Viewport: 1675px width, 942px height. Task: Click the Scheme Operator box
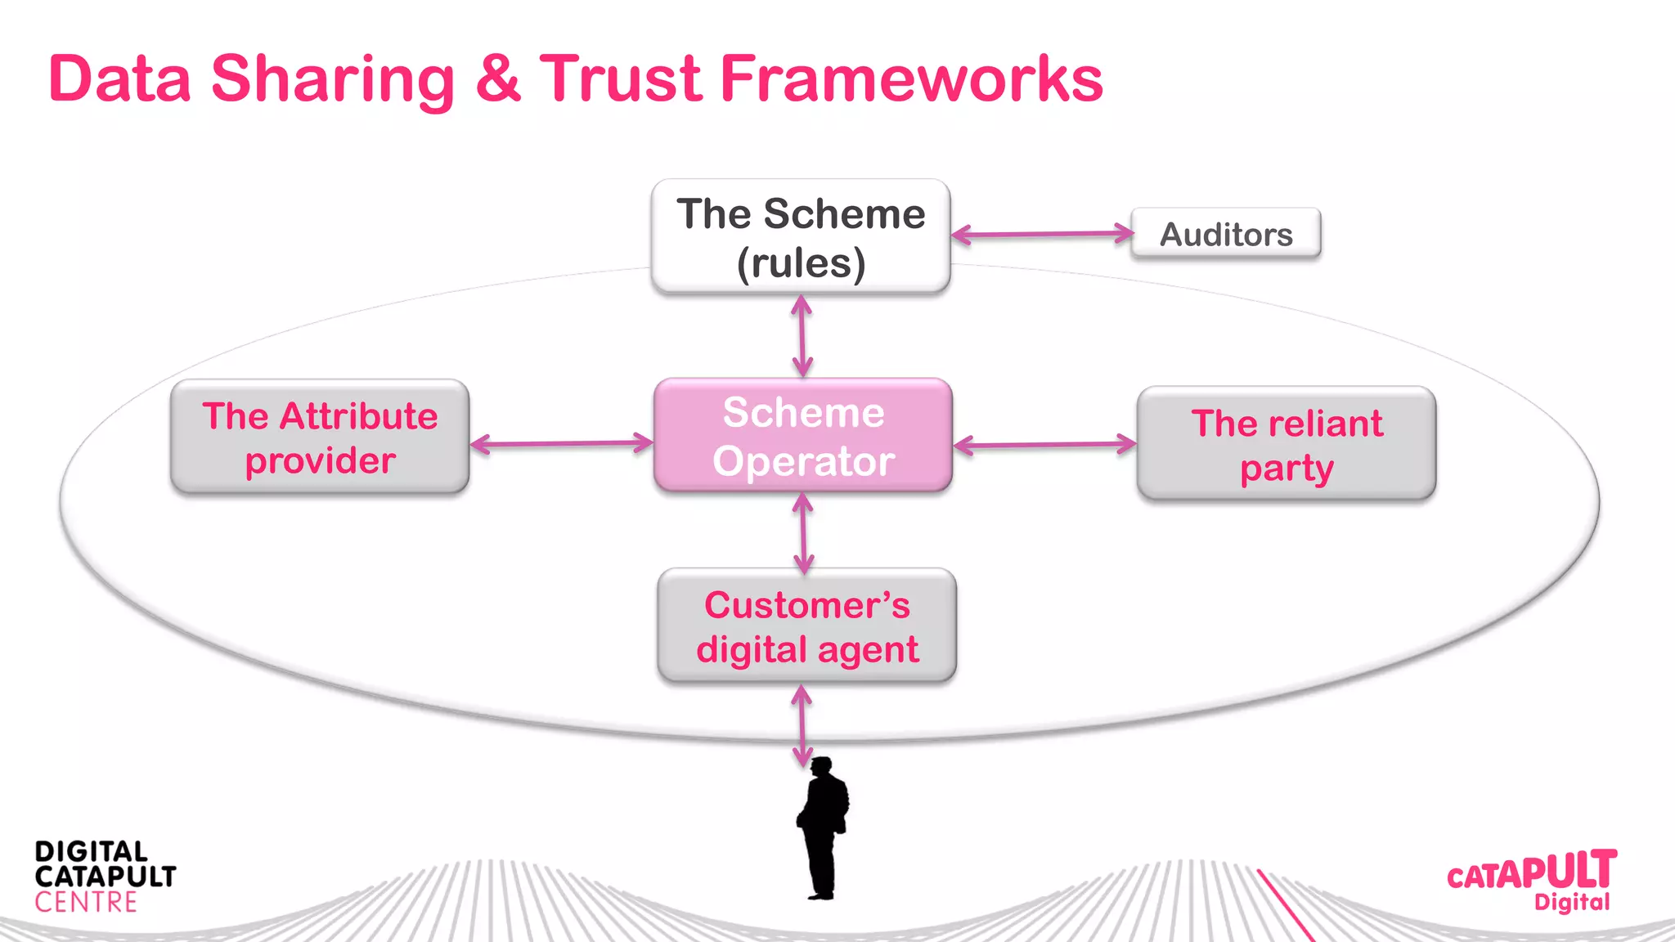(803, 436)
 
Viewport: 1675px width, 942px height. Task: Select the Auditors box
(1225, 235)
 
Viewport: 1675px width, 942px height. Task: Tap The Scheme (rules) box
(801, 237)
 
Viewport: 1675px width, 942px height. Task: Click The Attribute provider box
(320, 437)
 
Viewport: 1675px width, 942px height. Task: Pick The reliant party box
(1286, 444)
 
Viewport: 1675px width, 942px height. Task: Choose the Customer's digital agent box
(806, 626)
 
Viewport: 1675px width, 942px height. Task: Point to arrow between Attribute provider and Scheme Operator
(561, 444)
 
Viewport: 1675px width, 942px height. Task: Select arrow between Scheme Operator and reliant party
(1044, 446)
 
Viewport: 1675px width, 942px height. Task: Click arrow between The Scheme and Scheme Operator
(802, 336)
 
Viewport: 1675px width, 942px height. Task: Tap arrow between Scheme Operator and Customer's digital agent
(803, 533)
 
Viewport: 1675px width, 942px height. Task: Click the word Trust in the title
(620, 79)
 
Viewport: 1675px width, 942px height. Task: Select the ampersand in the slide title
(496, 79)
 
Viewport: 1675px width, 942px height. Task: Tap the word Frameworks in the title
(910, 79)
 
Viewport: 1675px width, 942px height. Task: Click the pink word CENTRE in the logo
(86, 903)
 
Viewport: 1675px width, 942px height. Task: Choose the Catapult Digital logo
(1532, 880)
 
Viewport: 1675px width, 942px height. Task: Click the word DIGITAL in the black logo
(91, 852)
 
